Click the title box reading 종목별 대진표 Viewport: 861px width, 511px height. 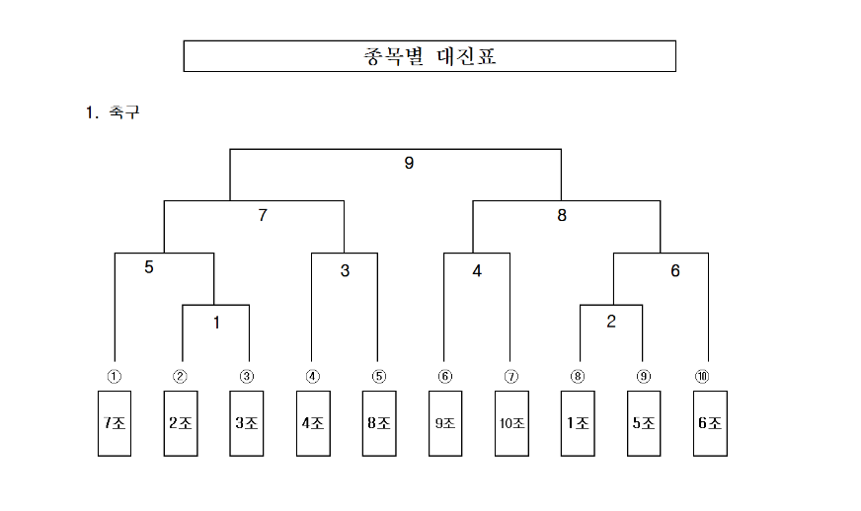click(430, 56)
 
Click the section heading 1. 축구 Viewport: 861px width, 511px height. click(114, 112)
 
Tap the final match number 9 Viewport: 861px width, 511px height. click(409, 164)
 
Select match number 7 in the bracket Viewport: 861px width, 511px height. click(263, 215)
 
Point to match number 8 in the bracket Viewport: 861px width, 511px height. click(562, 215)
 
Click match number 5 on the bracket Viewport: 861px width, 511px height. click(149, 266)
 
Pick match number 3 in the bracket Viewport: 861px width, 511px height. click(345, 270)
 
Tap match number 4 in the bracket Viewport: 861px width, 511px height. click(477, 270)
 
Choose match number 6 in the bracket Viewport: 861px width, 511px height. click(675, 270)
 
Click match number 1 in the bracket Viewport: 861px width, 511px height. click(216, 321)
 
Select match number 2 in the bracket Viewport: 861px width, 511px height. click(611, 321)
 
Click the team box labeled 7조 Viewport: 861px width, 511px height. click(115, 423)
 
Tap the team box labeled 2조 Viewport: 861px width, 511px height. click(181, 423)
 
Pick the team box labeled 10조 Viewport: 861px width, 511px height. click(511, 423)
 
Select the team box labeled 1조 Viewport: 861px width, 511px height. click(578, 423)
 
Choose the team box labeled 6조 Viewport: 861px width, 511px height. click(710, 423)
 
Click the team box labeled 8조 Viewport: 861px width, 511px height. click(379, 423)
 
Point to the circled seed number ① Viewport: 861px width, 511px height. click(115, 376)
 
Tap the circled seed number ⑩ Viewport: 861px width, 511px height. click(702, 376)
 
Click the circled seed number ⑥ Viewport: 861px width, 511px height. click(444, 376)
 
